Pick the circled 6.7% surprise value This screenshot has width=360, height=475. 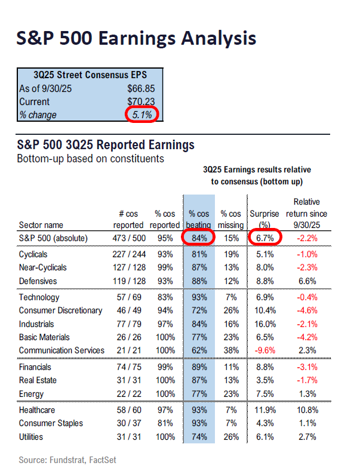(x=260, y=238)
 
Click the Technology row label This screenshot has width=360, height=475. (x=39, y=297)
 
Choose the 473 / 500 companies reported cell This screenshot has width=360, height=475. (x=128, y=238)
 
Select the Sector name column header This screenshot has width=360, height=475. (x=42, y=225)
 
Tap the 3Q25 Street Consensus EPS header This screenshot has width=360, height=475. (x=90, y=76)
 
